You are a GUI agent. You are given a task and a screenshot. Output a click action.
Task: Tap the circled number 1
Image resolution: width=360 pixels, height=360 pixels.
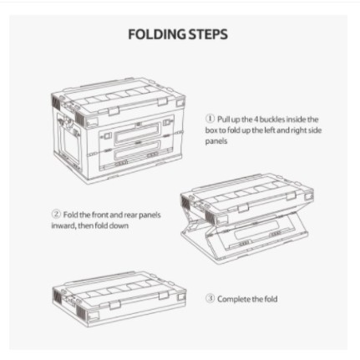pos(210,119)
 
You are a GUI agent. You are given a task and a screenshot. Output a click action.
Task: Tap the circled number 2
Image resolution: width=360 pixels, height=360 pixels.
pos(56,215)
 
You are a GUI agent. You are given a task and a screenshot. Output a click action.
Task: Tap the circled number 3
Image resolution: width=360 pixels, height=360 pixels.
pos(210,298)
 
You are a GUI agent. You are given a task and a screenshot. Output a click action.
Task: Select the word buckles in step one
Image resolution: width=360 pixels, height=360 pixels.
pos(272,119)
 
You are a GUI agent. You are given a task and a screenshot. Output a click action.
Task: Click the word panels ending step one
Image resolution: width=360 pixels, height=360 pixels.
pos(216,141)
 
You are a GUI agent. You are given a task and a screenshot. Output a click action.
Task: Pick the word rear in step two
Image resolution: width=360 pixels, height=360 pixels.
pos(130,215)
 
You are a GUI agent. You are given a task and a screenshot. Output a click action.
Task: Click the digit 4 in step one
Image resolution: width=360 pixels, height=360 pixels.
pos(256,119)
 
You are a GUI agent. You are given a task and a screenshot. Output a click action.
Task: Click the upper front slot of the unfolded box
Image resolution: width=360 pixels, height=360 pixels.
pos(138,132)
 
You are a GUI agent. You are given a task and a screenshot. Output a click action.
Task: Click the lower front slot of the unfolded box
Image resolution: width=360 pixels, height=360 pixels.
pos(138,151)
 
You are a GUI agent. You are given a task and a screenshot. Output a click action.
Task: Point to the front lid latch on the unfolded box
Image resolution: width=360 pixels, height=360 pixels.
pos(114,111)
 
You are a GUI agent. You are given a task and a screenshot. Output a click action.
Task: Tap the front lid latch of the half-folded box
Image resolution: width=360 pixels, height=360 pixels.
pos(243,208)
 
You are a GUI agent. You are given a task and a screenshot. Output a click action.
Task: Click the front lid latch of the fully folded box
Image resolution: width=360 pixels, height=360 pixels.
pos(114,305)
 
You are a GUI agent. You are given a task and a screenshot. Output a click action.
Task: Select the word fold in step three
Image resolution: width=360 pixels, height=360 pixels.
pos(271,299)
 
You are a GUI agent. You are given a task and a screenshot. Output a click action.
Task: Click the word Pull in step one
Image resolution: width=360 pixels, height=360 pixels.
pos(224,119)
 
